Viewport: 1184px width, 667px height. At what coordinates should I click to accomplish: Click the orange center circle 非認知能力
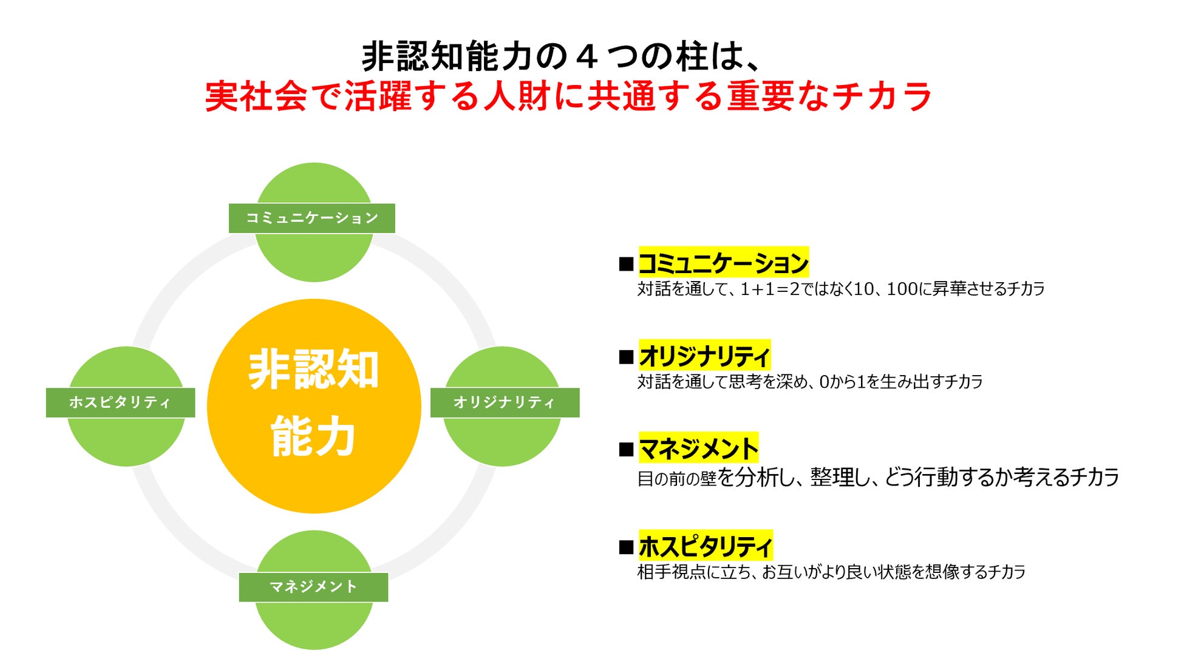(x=314, y=405)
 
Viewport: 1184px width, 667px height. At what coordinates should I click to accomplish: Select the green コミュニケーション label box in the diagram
(x=311, y=218)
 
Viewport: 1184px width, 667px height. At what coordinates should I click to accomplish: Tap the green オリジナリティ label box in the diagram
(x=505, y=402)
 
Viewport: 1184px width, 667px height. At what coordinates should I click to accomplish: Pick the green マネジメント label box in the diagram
(x=313, y=587)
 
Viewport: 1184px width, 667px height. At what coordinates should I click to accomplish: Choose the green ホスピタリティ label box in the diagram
(x=120, y=402)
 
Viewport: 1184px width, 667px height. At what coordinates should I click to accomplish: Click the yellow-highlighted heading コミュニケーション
(x=723, y=263)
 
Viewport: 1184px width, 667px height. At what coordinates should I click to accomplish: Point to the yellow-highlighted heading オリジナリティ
(x=704, y=356)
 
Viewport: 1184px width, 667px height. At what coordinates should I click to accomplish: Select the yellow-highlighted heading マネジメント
(x=698, y=449)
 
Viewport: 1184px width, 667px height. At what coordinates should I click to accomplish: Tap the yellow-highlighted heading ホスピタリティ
(x=706, y=546)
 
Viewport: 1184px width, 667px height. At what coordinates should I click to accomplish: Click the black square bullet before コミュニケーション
(x=626, y=264)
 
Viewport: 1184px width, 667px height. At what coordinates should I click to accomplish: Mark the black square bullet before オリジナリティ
(x=626, y=357)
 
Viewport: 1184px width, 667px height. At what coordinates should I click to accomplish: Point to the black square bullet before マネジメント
(x=626, y=450)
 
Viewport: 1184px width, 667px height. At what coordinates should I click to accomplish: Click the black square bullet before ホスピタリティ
(x=626, y=547)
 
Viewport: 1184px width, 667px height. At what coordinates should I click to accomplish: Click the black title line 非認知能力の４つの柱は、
(x=562, y=56)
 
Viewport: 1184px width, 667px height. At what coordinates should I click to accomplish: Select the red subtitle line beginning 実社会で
(x=568, y=96)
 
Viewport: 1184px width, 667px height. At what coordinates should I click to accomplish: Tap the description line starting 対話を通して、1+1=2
(x=841, y=289)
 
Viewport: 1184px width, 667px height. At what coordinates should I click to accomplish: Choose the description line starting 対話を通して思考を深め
(x=809, y=382)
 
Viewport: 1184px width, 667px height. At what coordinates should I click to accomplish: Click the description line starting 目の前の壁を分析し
(x=877, y=478)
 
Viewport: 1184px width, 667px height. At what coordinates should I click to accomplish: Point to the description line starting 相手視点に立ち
(x=831, y=572)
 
